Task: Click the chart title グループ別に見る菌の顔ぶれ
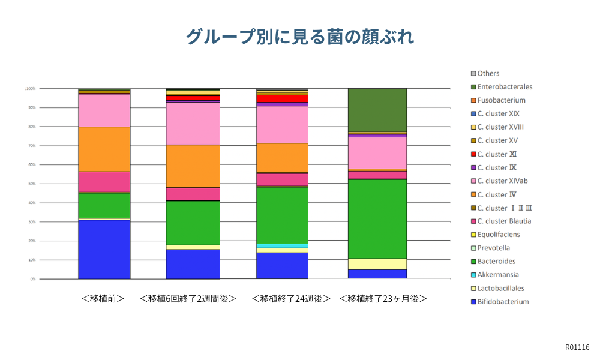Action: click(x=299, y=37)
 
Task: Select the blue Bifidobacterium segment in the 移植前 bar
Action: click(x=104, y=250)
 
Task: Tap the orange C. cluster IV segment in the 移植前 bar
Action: click(x=104, y=149)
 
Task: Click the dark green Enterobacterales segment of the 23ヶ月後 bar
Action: click(x=377, y=110)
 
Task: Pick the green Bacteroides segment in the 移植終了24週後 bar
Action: click(x=282, y=215)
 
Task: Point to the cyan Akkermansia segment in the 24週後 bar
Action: click(x=282, y=246)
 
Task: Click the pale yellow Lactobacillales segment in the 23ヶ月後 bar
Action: click(x=377, y=264)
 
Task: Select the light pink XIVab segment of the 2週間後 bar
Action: click(x=193, y=124)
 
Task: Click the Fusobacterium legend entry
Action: click(x=501, y=100)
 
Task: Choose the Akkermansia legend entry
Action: click(x=497, y=275)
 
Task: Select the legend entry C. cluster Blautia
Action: click(x=504, y=221)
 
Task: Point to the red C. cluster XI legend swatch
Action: click(x=473, y=154)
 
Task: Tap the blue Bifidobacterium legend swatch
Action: click(x=473, y=302)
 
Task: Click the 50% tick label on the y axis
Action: click(x=31, y=184)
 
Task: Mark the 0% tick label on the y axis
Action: click(x=33, y=279)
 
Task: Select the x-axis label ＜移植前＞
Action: click(x=103, y=298)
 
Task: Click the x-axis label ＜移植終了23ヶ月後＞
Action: click(x=383, y=298)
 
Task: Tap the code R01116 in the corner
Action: click(x=577, y=347)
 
